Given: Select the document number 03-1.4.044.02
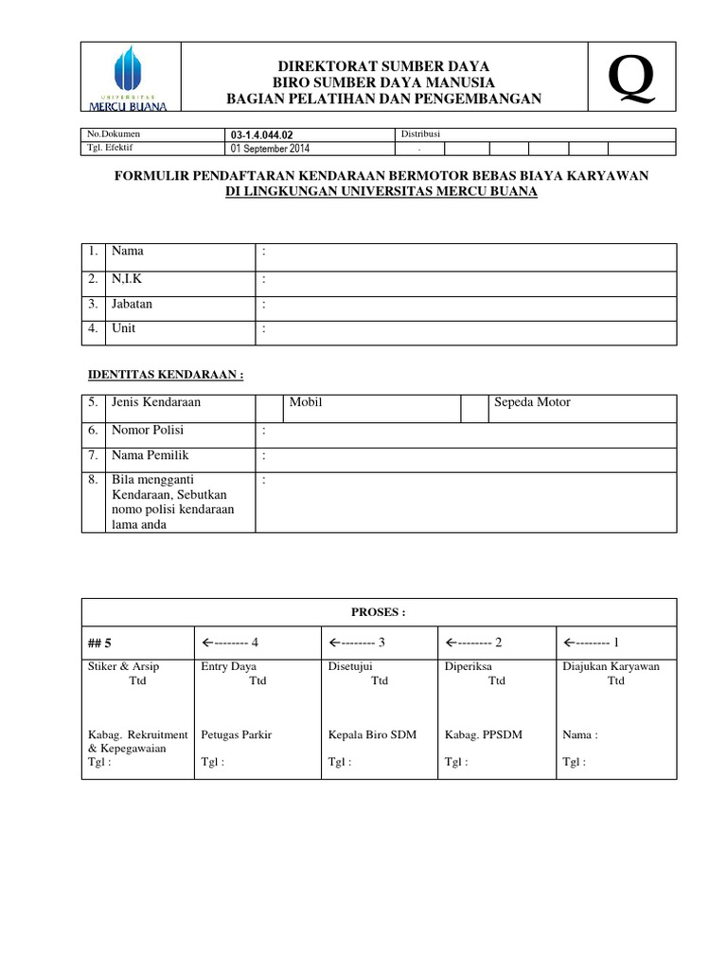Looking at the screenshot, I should [256, 135].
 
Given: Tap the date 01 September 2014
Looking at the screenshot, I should [270, 149].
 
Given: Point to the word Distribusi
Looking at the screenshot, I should [420, 134].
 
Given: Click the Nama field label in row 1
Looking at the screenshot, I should [128, 252].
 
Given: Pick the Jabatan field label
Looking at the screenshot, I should [133, 305].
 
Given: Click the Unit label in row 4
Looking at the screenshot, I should [124, 329].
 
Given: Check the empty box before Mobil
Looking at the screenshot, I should [269, 408].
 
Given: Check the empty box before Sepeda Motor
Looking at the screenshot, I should [472, 408].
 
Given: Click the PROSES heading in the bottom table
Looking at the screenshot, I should [379, 612].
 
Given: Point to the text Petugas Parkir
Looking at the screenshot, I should [236, 734].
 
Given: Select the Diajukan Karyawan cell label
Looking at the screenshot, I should [611, 666].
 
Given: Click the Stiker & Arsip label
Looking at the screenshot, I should [123, 666].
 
